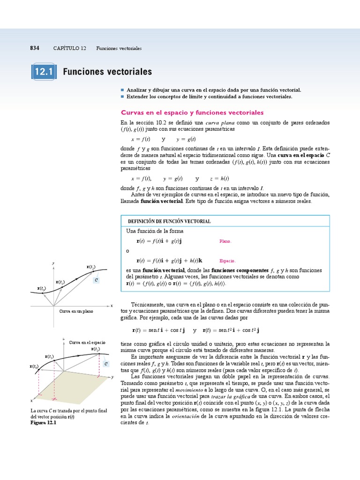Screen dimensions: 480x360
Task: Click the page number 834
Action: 34,48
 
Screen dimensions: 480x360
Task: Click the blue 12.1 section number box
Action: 44,72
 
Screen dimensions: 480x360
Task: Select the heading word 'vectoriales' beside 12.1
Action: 130,72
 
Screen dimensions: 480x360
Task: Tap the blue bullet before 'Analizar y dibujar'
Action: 122,89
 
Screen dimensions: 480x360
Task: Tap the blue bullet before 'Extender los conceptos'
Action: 122,96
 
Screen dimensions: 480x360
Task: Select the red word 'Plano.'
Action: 225,241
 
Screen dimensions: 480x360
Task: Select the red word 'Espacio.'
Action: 227,261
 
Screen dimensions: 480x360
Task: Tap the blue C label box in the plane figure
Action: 96,280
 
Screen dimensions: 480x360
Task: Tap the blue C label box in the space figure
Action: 106,364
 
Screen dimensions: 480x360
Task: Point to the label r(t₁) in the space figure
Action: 49,357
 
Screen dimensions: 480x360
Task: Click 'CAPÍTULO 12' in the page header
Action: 69,48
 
